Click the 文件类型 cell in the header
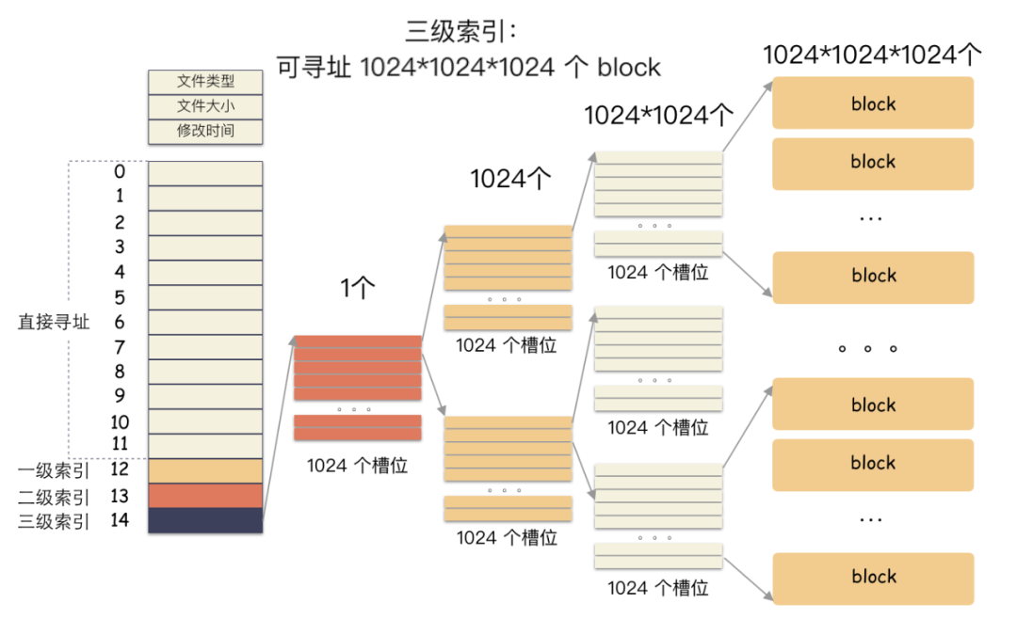[x=205, y=82]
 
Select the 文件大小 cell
[x=205, y=106]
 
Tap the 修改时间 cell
[x=205, y=131]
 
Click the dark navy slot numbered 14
[x=205, y=520]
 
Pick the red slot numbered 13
[x=205, y=496]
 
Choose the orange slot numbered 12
[x=205, y=470]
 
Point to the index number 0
[x=120, y=172]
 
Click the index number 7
[x=120, y=347]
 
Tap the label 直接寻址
[x=54, y=322]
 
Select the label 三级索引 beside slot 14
[x=54, y=521]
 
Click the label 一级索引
[x=54, y=470]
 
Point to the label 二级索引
[x=54, y=497]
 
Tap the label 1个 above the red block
[x=358, y=289]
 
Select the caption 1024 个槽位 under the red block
[x=358, y=465]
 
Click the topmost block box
[x=873, y=103]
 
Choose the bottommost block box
[x=873, y=577]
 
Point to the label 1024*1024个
[x=658, y=115]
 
